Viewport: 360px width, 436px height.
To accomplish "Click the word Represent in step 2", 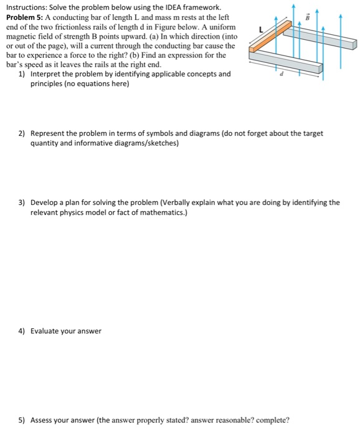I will point(50,133).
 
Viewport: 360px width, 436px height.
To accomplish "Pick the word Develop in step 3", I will point(47,202).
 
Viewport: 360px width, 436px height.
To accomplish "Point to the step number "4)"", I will point(22,331).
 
